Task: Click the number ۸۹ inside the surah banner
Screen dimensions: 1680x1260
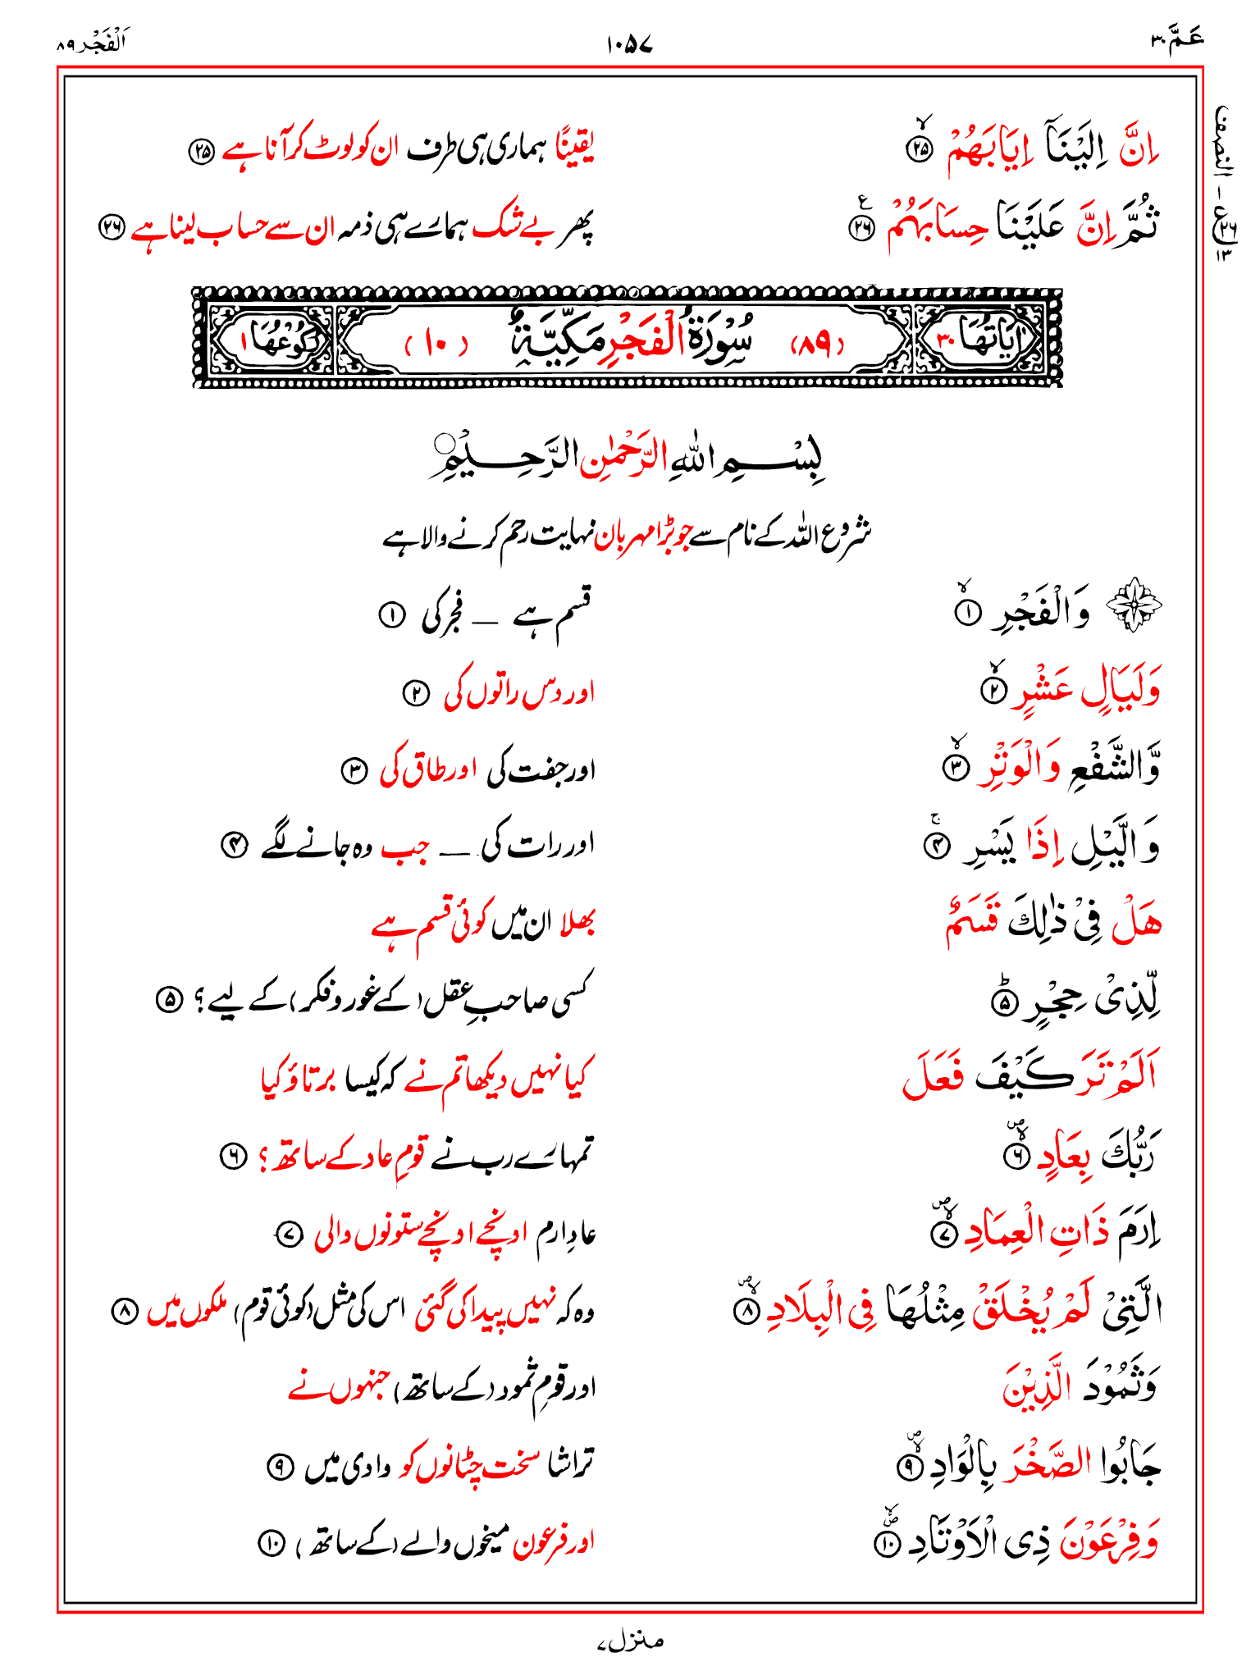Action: [817, 345]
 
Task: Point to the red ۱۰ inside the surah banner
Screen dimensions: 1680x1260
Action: [436, 345]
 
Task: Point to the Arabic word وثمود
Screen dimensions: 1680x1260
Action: [1120, 1386]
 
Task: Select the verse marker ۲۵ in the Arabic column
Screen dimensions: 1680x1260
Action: [920, 149]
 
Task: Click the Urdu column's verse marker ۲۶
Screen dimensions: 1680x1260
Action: [111, 228]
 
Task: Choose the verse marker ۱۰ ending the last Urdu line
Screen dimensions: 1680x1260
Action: [270, 1544]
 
